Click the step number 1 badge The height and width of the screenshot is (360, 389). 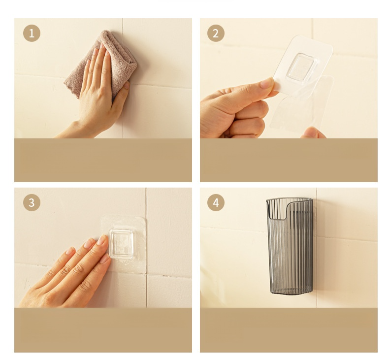(32, 33)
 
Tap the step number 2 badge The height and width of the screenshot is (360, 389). (216, 33)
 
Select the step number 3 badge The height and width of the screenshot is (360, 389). (32, 203)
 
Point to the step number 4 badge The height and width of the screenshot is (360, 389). (216, 203)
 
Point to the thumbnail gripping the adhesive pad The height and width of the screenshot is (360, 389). (267, 83)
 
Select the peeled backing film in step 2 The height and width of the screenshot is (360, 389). (301, 104)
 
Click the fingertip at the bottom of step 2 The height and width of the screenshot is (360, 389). (313, 133)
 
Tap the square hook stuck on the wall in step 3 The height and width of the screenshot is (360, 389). (121, 244)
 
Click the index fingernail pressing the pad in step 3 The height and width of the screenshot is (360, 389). (102, 240)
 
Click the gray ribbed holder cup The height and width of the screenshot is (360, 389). (289, 246)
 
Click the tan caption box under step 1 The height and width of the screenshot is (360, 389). (103, 160)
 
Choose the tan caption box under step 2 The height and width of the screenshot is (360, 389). (289, 160)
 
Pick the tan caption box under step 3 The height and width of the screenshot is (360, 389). (103, 330)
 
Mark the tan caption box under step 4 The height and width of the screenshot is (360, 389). (289, 330)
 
